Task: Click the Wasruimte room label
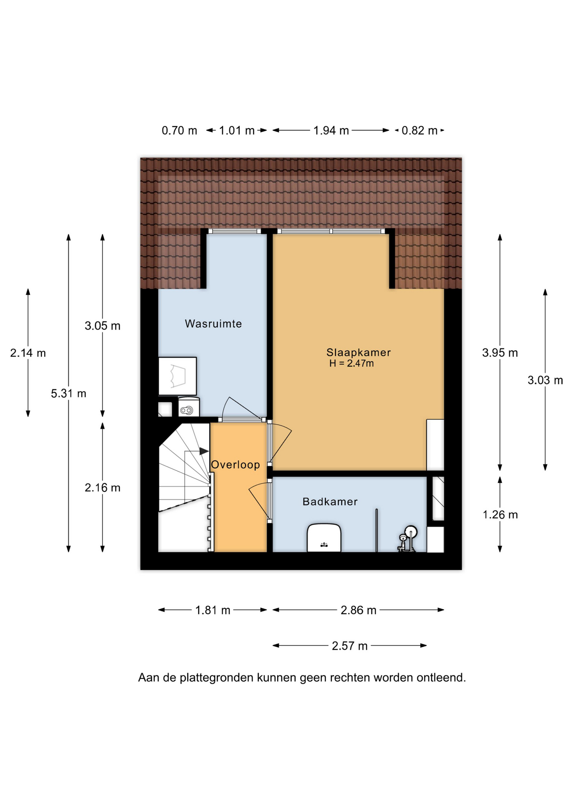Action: (213, 324)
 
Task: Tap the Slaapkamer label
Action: (358, 352)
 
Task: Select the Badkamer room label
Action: (330, 502)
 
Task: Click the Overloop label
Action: (235, 464)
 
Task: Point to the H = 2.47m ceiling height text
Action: (351, 364)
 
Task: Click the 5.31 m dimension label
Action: (68, 394)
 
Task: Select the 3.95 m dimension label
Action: (500, 353)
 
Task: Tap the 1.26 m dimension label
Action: (500, 515)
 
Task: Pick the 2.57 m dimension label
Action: (350, 646)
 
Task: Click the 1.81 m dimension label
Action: (213, 610)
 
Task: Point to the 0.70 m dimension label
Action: (179, 130)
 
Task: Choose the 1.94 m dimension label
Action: (331, 130)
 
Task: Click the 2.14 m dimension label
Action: (28, 353)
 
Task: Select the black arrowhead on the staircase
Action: (204, 451)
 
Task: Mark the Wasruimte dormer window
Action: (235, 231)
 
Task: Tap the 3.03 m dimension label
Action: (545, 380)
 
